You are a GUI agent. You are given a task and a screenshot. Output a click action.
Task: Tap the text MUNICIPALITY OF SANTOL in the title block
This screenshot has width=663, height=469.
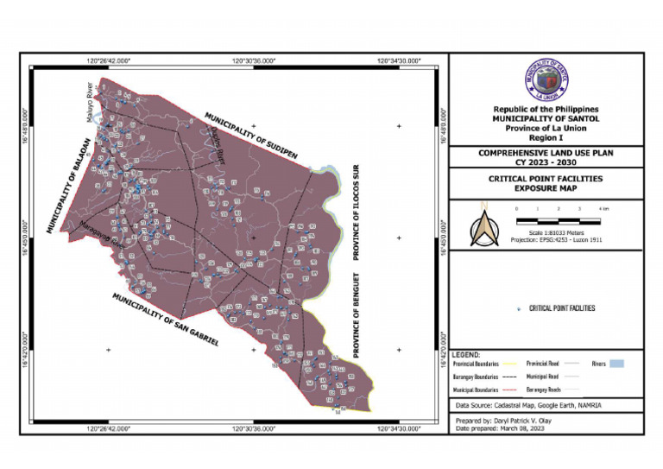click(x=546, y=119)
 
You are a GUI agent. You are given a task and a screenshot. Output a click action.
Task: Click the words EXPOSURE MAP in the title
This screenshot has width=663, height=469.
click(x=546, y=187)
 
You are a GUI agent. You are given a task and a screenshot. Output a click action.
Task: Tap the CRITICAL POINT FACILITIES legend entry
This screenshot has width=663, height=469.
click(x=561, y=308)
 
